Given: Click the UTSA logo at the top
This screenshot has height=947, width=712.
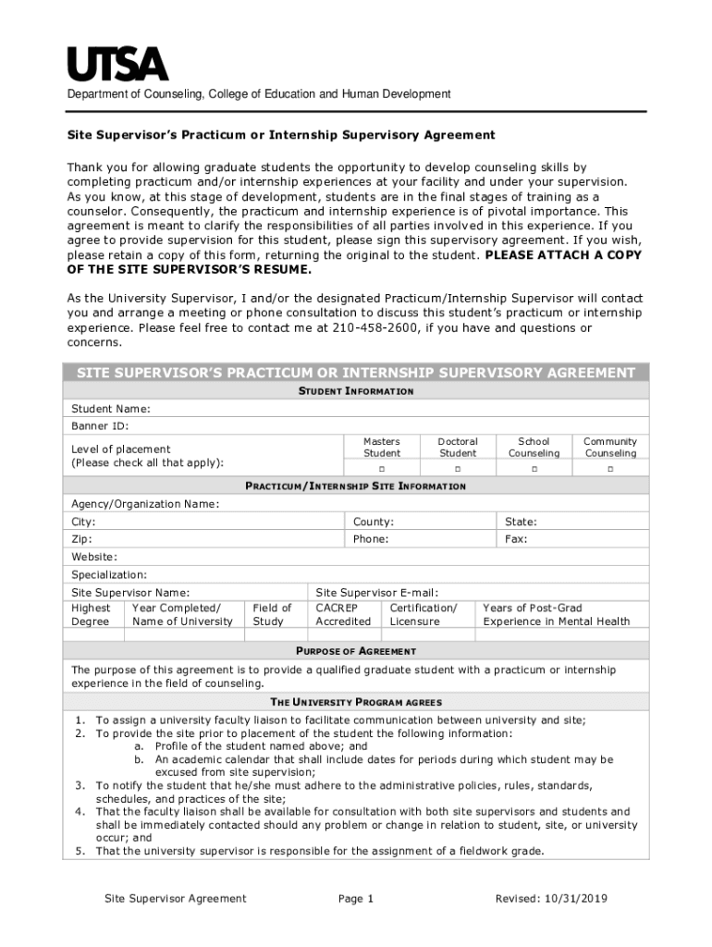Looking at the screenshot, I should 117,64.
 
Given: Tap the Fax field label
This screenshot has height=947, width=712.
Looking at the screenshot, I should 516,539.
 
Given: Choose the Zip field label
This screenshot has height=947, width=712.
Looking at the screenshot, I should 82,539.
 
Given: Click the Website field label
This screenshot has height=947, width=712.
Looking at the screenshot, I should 94,557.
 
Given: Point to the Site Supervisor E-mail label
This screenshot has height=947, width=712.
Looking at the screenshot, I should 376,593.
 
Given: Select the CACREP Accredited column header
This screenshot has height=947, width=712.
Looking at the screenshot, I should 343,615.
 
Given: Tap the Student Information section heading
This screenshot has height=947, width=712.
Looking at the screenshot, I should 355,392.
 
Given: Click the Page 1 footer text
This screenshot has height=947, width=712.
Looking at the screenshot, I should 356,899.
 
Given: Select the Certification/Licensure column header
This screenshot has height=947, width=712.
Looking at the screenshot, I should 424,615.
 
